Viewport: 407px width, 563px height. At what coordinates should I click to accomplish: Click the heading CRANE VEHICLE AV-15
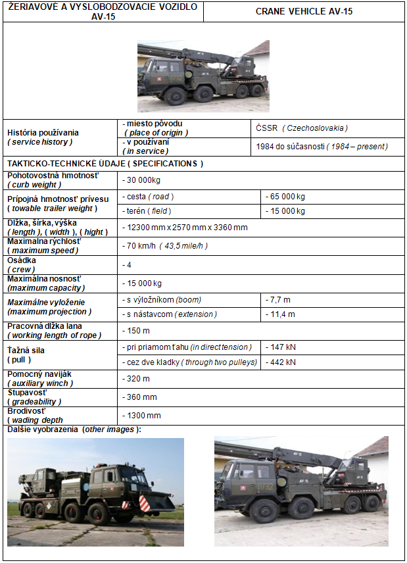(304, 12)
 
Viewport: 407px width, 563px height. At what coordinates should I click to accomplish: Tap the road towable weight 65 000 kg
(286, 197)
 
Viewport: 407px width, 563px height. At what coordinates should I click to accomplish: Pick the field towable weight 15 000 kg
(286, 211)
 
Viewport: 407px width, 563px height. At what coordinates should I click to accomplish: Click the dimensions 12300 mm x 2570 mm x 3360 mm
(186, 228)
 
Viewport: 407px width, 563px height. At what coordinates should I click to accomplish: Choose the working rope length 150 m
(137, 330)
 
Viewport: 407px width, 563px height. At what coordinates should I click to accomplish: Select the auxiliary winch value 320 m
(137, 379)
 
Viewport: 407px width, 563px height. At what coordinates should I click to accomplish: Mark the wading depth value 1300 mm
(143, 416)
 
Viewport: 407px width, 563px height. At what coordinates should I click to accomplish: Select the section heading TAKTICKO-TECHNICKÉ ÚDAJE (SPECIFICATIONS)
(105, 163)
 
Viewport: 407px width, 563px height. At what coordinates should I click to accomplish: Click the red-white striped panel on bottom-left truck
(143, 504)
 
